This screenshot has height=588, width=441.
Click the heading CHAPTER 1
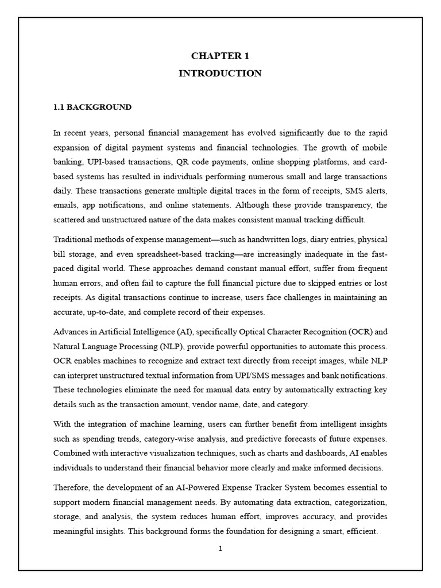220,56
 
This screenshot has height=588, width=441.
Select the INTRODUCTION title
220,73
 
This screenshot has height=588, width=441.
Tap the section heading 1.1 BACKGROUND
92,107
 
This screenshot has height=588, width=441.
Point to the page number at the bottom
220,548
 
